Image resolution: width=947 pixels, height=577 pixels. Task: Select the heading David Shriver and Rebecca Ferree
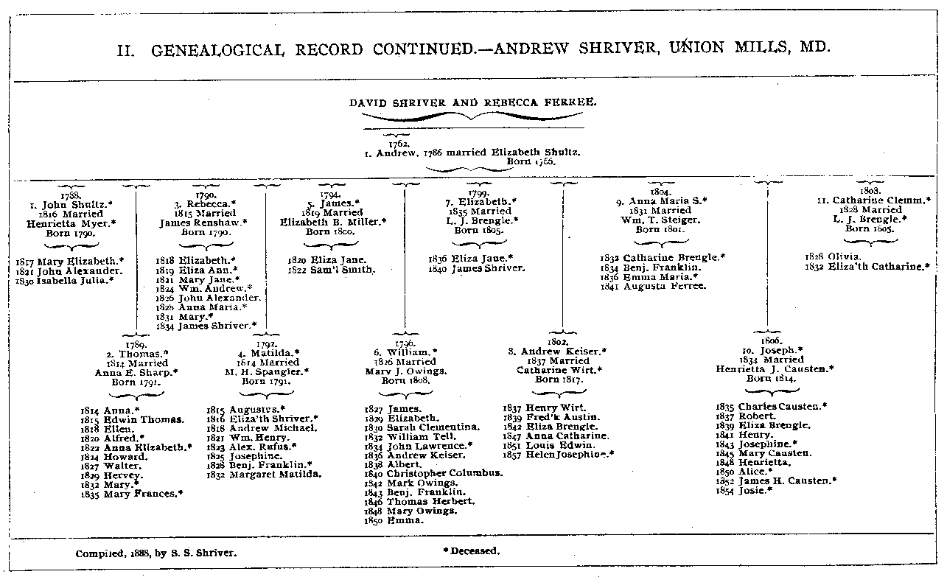473,103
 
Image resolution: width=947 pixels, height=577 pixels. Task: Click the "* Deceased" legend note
472,550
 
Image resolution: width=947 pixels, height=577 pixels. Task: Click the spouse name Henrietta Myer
72,223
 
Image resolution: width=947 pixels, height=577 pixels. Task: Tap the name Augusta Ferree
665,286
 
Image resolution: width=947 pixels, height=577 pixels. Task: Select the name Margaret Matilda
275,475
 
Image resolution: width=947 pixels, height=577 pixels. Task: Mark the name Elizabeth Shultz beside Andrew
544,153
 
